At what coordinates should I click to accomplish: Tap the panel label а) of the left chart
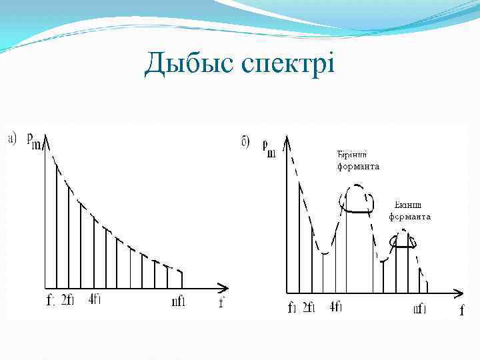point(13,139)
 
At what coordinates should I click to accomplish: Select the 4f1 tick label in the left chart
point(94,299)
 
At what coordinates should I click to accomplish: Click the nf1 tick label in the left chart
point(178,301)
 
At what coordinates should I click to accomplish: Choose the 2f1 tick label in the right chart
point(308,307)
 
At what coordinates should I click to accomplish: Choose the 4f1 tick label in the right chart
point(336,307)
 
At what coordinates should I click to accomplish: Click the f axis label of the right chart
point(461,310)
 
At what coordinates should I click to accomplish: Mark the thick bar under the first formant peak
point(358,211)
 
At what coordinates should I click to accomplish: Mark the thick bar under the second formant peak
point(402,246)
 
